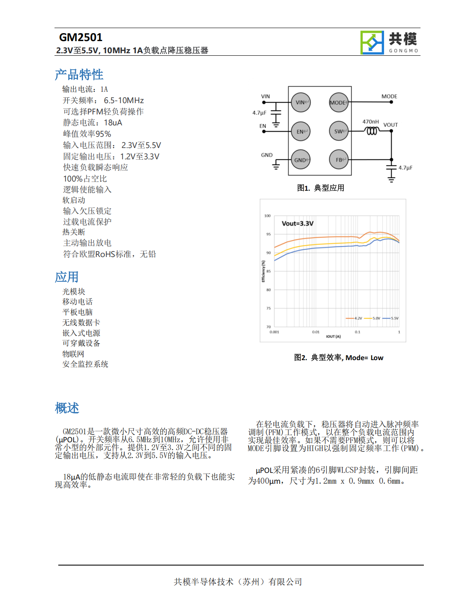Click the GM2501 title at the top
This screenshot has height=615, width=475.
pyautogui.click(x=81, y=37)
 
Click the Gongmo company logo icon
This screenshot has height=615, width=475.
pyautogui.click(x=372, y=43)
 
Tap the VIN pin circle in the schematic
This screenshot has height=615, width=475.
pyautogui.click(x=301, y=102)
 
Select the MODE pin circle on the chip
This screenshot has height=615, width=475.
pyautogui.click(x=339, y=102)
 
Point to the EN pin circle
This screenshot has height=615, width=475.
pyautogui.click(x=301, y=131)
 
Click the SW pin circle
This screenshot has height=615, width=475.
pyautogui.click(x=339, y=131)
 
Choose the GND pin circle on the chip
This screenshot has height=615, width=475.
pyautogui.click(x=301, y=160)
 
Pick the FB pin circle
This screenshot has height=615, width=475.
pyautogui.click(x=339, y=160)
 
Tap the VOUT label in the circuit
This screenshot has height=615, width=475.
pyautogui.click(x=390, y=125)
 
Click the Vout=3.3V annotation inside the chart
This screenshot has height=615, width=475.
pyautogui.click(x=298, y=223)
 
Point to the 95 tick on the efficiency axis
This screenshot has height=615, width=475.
pyautogui.click(x=268, y=234)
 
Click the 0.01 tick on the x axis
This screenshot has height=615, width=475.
pyautogui.click(x=316, y=332)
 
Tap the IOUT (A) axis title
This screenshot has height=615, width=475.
pyautogui.click(x=333, y=336)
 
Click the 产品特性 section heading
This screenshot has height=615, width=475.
pyautogui.click(x=79, y=75)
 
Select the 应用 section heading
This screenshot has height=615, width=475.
pyautogui.click(x=67, y=277)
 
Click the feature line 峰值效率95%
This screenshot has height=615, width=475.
pyautogui.click(x=87, y=134)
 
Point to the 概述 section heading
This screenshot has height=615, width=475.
pyautogui.click(x=67, y=408)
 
